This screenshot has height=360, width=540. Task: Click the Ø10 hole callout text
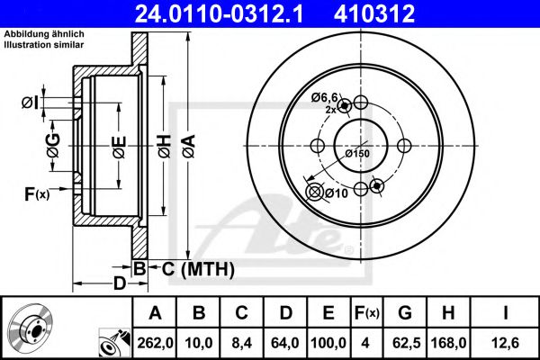tap(336, 193)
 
